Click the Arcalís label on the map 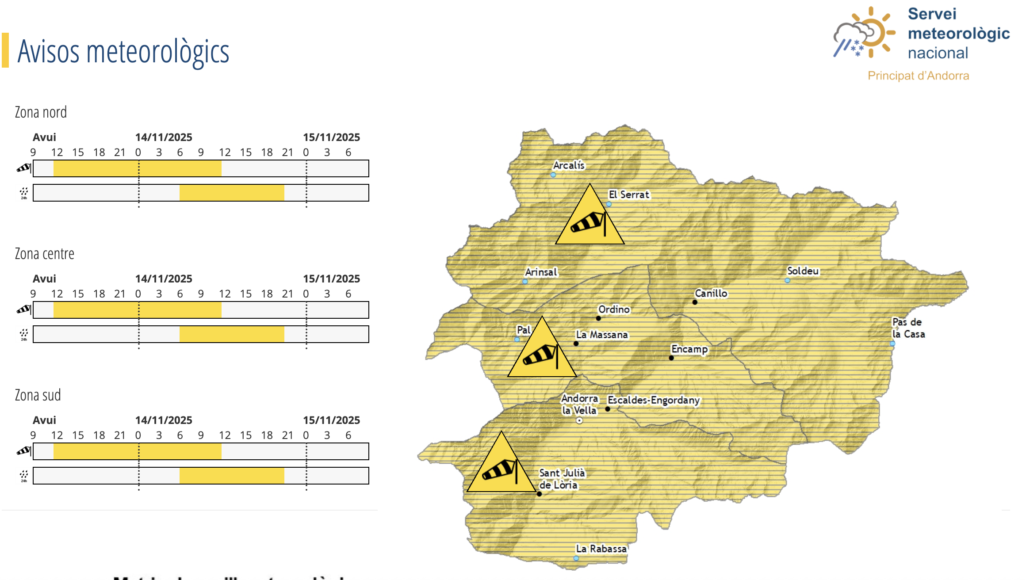(x=569, y=165)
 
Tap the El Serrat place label (x=629, y=195)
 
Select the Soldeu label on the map (x=803, y=271)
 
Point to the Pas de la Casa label (x=908, y=328)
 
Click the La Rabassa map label (x=601, y=549)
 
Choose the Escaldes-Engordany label (x=654, y=400)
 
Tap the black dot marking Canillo (x=695, y=302)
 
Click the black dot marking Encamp (x=671, y=358)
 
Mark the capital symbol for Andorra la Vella (x=579, y=421)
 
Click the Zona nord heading (x=41, y=112)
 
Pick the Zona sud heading (x=38, y=395)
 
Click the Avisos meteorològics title (x=123, y=51)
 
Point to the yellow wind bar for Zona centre (x=137, y=310)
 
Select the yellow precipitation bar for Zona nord (x=232, y=193)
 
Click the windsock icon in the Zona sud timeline (x=24, y=451)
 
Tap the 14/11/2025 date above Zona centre (x=164, y=279)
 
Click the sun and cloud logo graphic (x=865, y=33)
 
